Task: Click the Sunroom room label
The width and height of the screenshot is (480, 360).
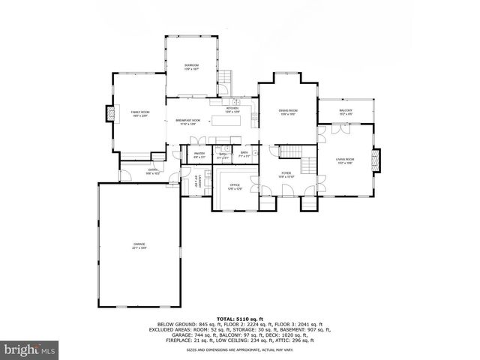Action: (x=191, y=67)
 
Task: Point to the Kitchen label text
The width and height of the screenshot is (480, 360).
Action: (x=232, y=109)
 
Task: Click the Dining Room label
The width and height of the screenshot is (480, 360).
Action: (x=289, y=112)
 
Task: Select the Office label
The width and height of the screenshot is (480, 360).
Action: (x=234, y=187)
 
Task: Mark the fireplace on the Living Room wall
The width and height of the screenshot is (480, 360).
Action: (x=378, y=160)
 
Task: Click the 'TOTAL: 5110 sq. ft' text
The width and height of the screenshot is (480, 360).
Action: (x=240, y=318)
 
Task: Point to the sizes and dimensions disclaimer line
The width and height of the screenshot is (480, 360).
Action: (x=240, y=349)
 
